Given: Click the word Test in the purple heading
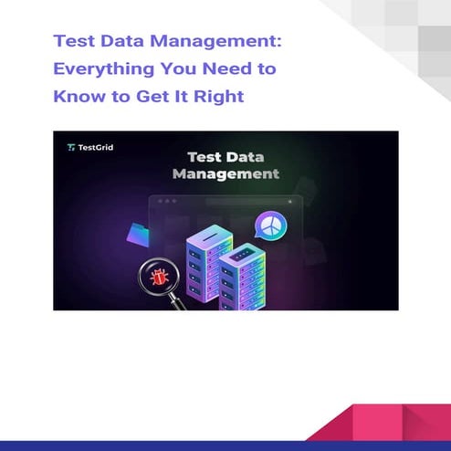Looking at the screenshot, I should pyautogui.click(x=74, y=42).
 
